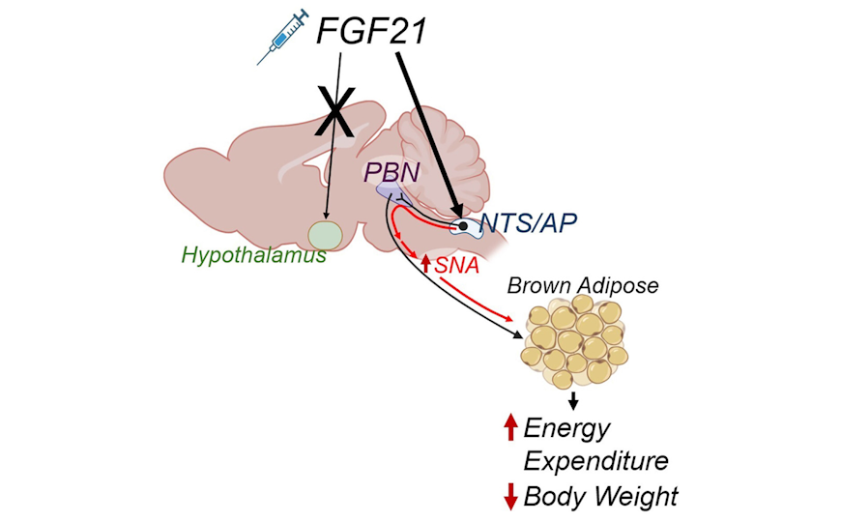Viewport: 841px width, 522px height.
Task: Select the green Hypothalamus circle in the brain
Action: point(326,235)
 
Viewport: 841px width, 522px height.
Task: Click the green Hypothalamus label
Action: point(253,257)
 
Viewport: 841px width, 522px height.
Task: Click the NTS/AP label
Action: point(528,224)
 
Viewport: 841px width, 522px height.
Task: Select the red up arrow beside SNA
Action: point(426,263)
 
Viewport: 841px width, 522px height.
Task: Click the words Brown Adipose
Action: point(583,287)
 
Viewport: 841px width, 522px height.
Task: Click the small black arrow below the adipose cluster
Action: point(574,399)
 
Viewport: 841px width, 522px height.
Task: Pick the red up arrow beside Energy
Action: point(511,426)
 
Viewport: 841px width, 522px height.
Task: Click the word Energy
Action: point(567,426)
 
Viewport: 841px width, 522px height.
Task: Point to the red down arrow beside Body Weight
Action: point(511,497)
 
